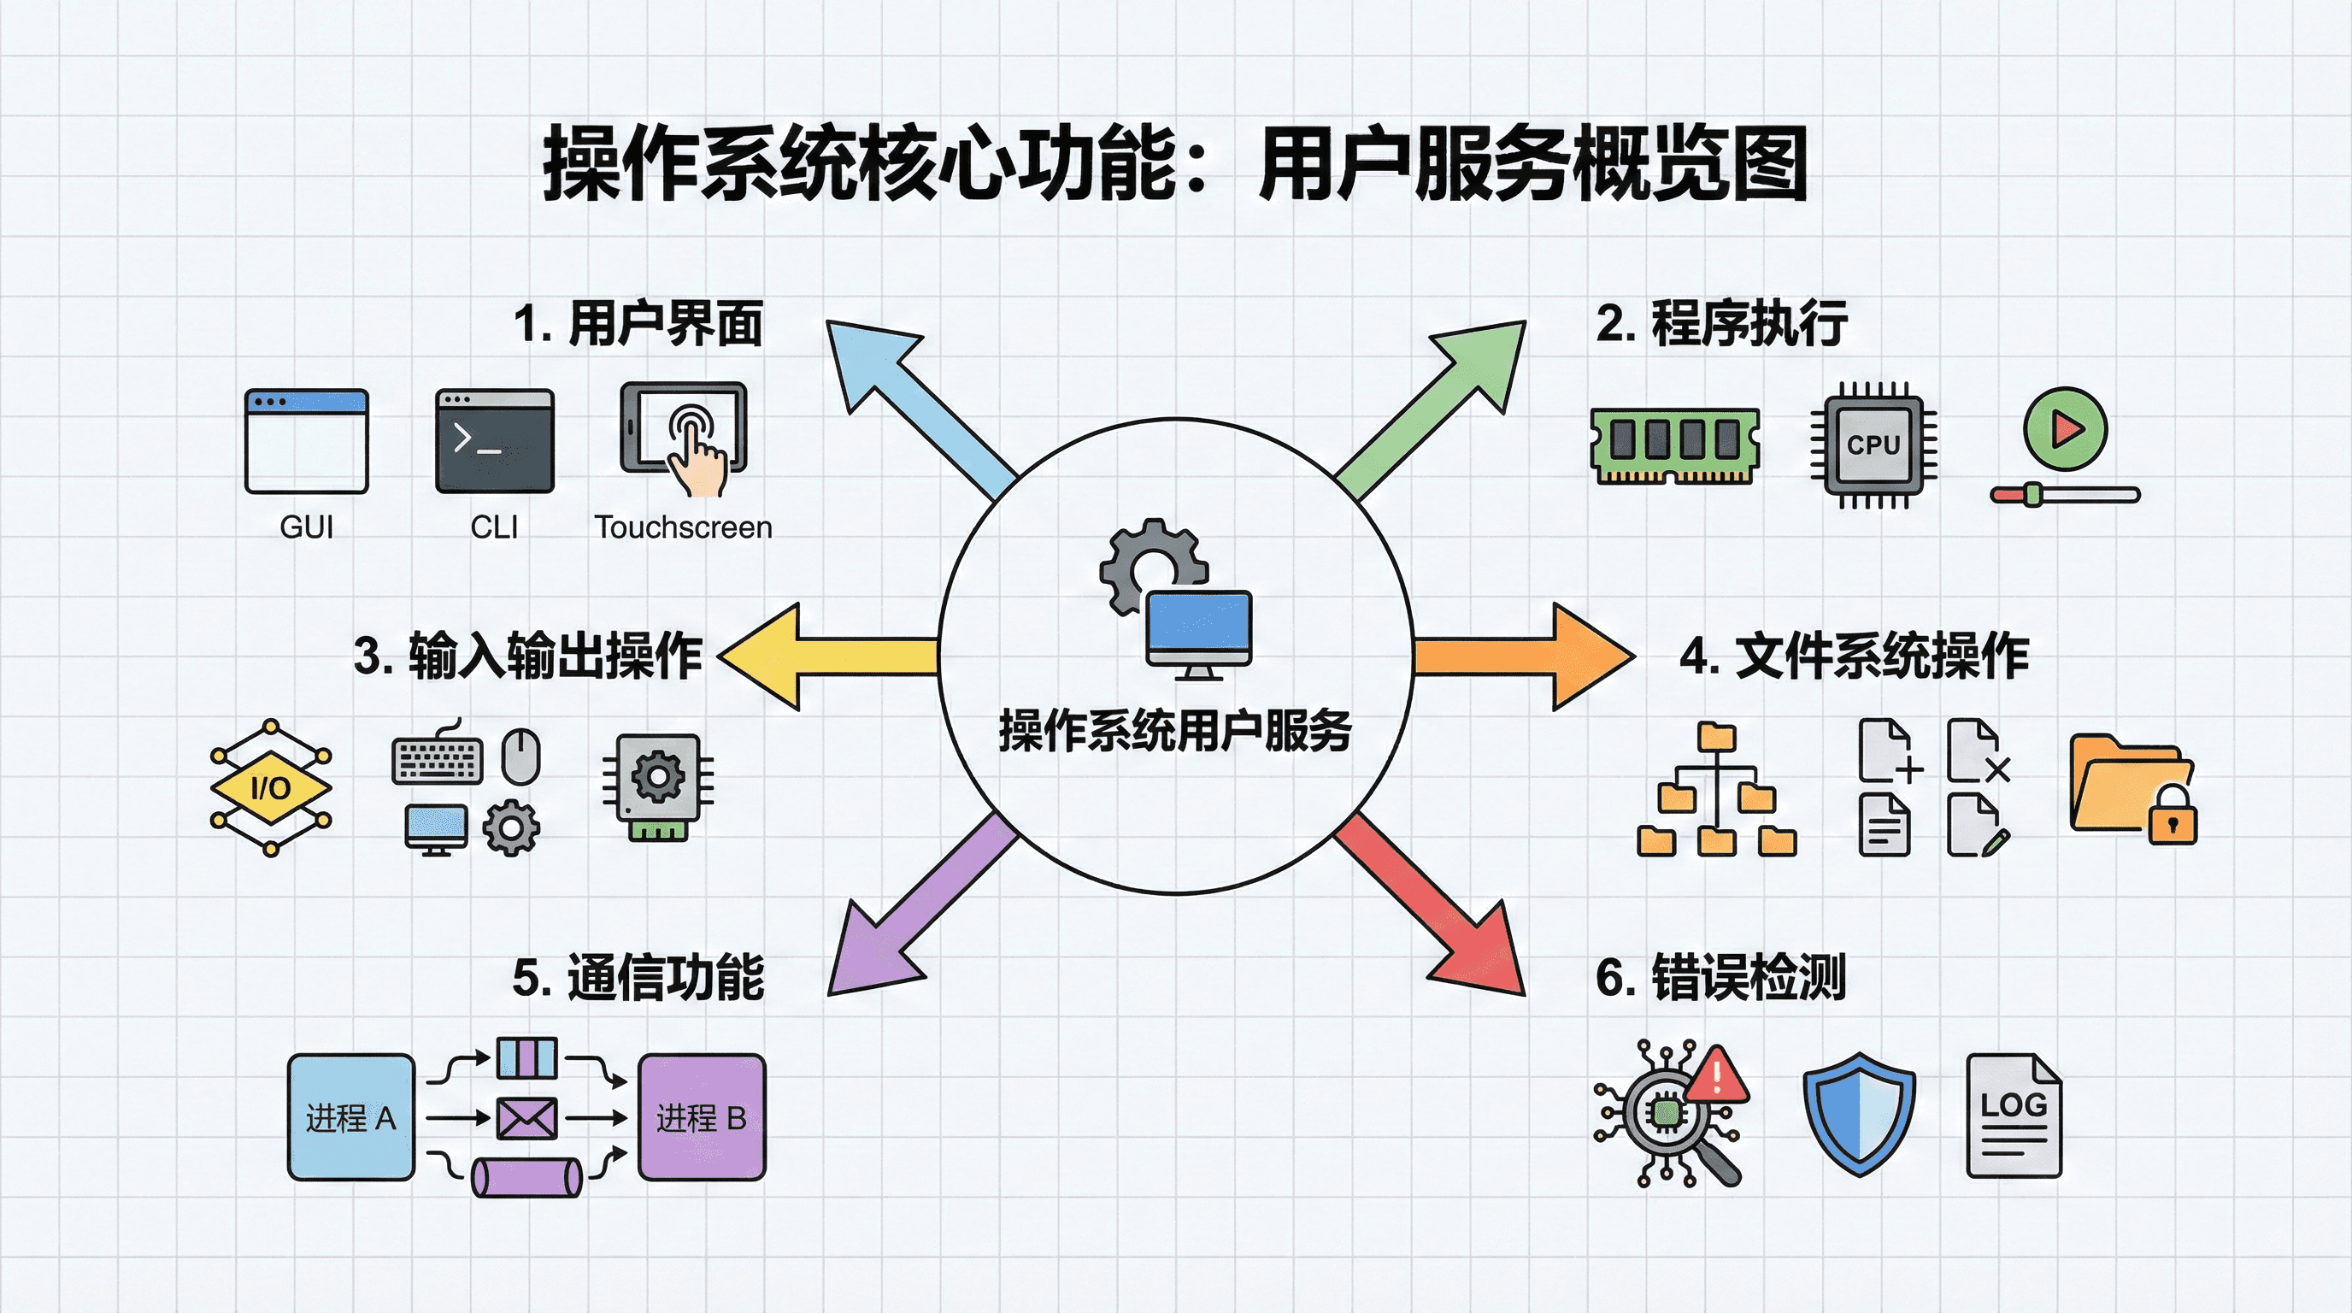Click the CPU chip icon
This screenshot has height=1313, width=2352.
point(1873,445)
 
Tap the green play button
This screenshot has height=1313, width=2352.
point(2066,428)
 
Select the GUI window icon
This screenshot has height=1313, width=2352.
point(307,441)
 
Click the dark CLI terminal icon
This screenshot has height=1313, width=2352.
point(495,441)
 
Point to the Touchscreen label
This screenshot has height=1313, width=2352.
point(683,527)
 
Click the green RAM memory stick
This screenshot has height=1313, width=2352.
point(1674,445)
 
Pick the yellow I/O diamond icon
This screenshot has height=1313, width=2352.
point(271,787)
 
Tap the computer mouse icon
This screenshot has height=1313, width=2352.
point(521,755)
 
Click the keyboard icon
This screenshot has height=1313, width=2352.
point(438,760)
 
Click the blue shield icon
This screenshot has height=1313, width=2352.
point(1859,1113)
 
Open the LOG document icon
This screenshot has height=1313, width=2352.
point(2014,1116)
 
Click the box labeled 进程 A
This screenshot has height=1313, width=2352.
point(351,1117)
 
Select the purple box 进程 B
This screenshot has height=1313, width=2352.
point(701,1117)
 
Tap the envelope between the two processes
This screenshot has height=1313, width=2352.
point(526,1117)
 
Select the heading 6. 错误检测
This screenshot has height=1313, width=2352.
point(1720,977)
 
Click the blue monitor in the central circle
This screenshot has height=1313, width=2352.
point(1199,626)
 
